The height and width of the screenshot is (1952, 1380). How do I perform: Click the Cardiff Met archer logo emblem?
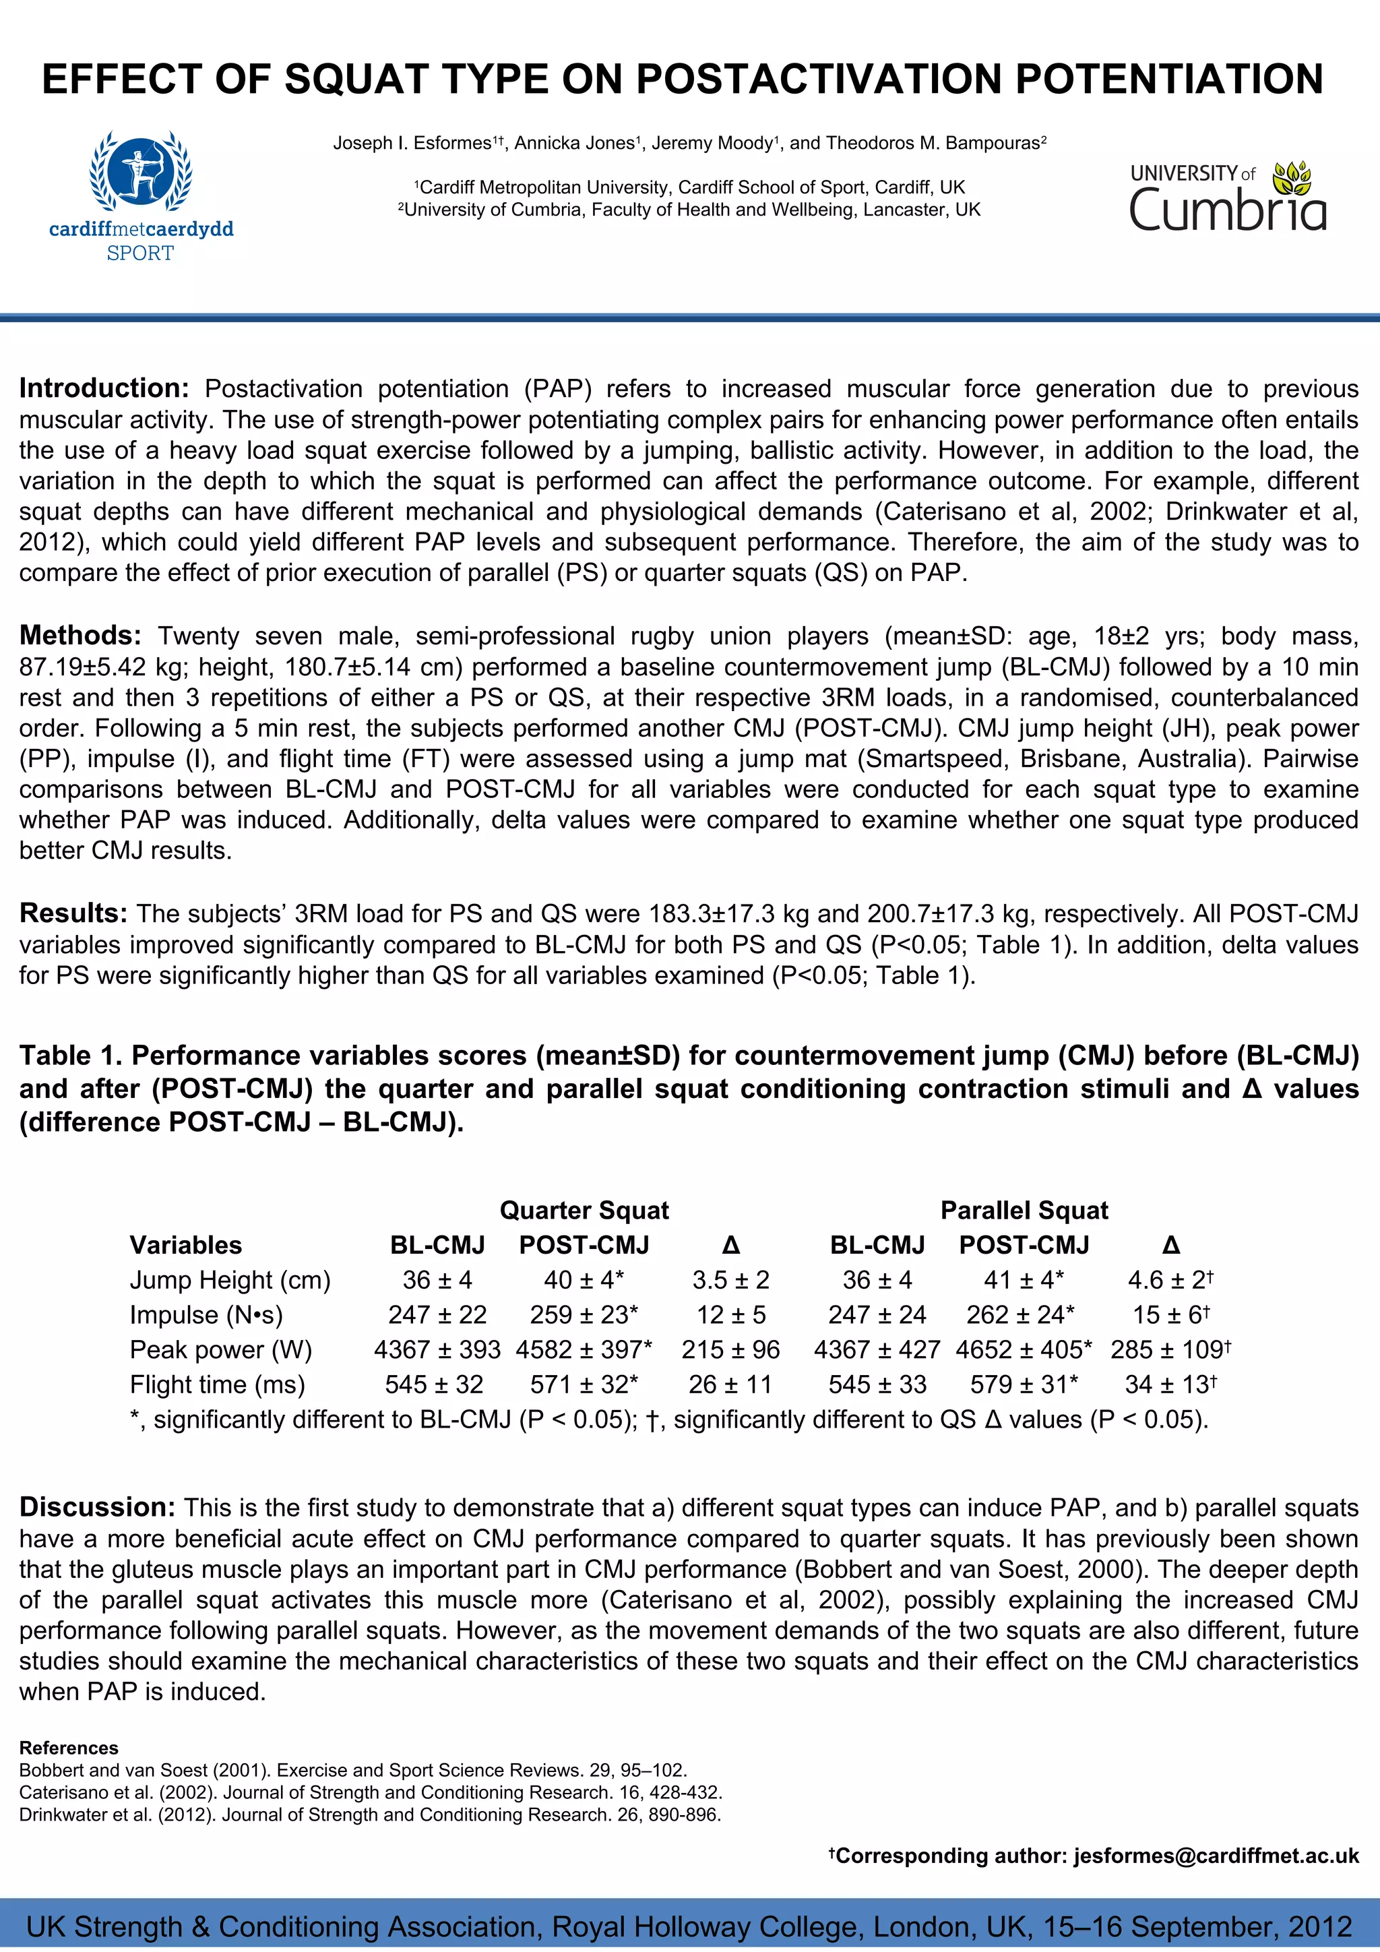(140, 171)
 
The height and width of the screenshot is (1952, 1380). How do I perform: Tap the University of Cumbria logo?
(1227, 197)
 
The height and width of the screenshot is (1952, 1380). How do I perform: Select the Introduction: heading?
(104, 388)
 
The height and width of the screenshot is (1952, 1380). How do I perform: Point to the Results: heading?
(73, 913)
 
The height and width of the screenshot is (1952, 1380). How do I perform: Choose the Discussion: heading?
(97, 1507)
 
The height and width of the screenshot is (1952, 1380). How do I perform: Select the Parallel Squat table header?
(1024, 1210)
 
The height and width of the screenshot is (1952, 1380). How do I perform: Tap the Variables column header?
(185, 1245)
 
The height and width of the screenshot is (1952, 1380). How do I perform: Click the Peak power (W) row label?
(221, 1349)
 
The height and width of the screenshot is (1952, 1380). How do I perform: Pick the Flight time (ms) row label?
(217, 1384)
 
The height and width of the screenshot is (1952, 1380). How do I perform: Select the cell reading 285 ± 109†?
(1170, 1349)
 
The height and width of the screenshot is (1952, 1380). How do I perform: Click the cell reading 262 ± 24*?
(1020, 1314)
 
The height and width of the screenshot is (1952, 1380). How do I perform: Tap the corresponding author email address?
(1216, 1856)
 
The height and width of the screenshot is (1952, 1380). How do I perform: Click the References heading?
(69, 1748)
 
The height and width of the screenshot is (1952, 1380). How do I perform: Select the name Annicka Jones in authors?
(574, 143)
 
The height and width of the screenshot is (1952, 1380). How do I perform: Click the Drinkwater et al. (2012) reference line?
(370, 1814)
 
